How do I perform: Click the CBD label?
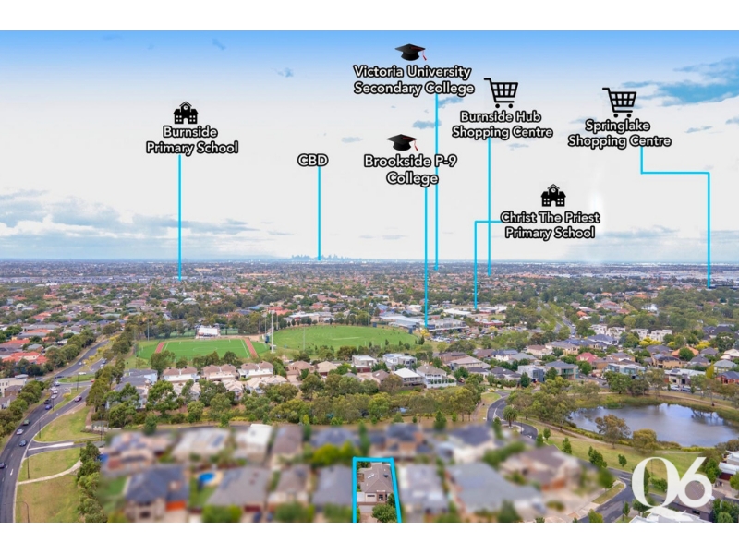click(x=312, y=160)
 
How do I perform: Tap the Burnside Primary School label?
click(x=192, y=139)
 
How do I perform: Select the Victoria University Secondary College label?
click(x=414, y=80)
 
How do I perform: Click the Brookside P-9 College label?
click(x=410, y=169)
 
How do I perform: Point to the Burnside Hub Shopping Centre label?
click(x=502, y=125)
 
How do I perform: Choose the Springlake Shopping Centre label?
click(x=619, y=133)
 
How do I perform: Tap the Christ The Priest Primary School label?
click(x=550, y=225)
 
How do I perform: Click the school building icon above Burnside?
click(x=186, y=113)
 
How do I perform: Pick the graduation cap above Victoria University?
click(x=410, y=52)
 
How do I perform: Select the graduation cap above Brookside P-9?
click(x=402, y=142)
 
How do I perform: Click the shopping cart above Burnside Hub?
click(x=501, y=92)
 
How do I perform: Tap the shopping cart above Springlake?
click(x=619, y=102)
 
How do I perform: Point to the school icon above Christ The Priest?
click(x=553, y=195)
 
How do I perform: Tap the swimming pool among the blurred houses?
click(x=206, y=478)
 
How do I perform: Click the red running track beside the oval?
click(x=251, y=347)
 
